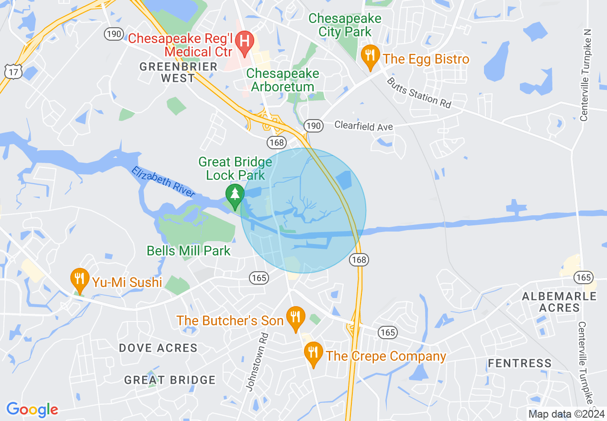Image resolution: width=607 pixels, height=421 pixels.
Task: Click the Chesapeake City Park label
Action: pyautogui.click(x=345, y=25)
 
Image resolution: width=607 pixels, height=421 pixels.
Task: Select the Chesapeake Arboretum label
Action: pyautogui.click(x=282, y=80)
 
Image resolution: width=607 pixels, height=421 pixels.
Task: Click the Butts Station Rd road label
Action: pyautogui.click(x=419, y=92)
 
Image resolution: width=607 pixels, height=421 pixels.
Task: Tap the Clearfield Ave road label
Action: pyautogui.click(x=363, y=126)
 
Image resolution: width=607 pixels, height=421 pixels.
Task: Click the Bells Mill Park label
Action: pyautogui.click(x=189, y=251)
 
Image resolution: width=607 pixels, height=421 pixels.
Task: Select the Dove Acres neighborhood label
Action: pyautogui.click(x=158, y=348)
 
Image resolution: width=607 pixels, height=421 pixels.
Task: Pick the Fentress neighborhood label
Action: pyautogui.click(x=519, y=364)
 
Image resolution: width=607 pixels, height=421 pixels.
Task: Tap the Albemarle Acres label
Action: pyautogui.click(x=559, y=302)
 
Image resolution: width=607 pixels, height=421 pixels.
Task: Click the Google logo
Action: pyautogui.click(x=32, y=410)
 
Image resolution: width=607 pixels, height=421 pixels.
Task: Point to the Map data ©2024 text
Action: pyautogui.click(x=565, y=414)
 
